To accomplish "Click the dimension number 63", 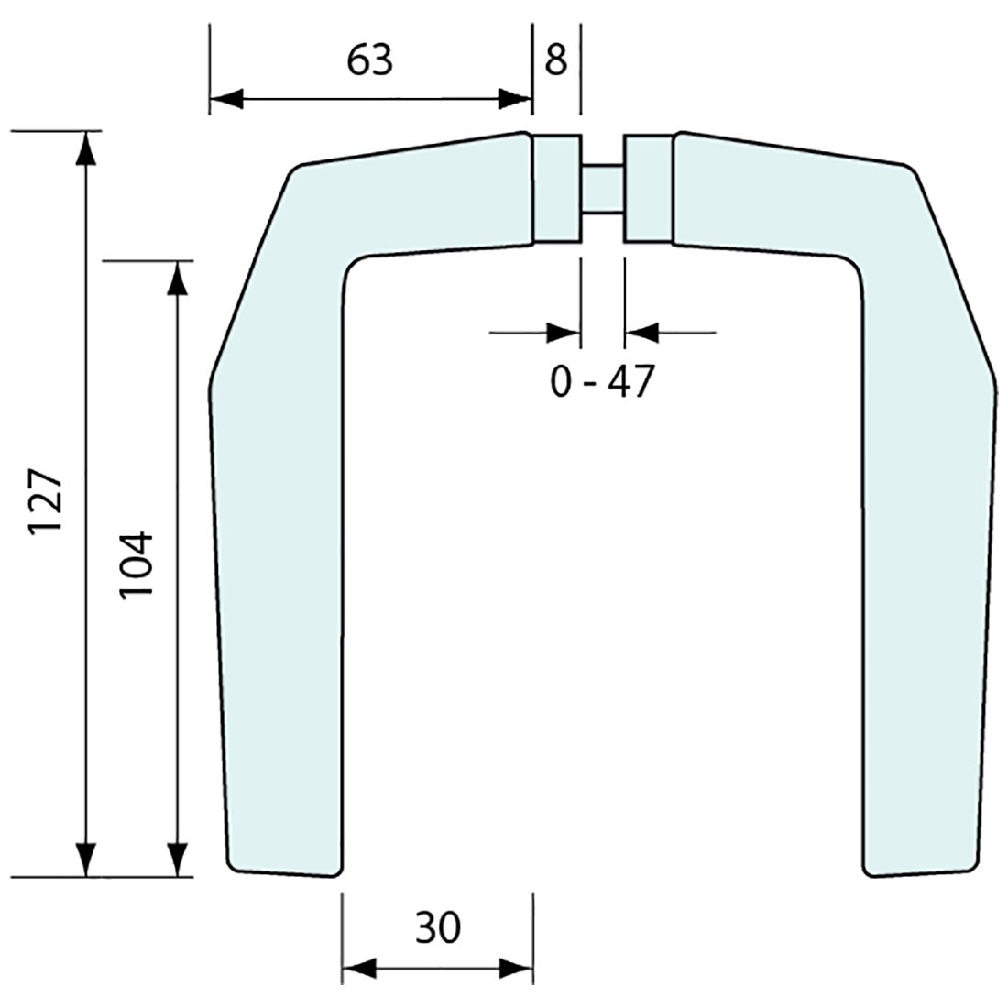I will pyautogui.click(x=370, y=60).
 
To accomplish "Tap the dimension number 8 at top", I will pyautogui.click(x=556, y=60).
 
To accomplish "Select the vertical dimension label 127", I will pyautogui.click(x=45, y=504).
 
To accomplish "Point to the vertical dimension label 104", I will pyautogui.click(x=136, y=564).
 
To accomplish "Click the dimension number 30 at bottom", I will pyautogui.click(x=437, y=928).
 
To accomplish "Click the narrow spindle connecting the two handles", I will pyautogui.click(x=602, y=189).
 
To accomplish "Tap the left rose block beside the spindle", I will pyautogui.click(x=556, y=189).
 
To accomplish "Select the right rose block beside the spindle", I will pyautogui.click(x=648, y=189).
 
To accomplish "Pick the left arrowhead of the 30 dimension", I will pyautogui.click(x=358, y=968).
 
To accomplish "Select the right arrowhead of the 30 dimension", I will pyautogui.click(x=516, y=968).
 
